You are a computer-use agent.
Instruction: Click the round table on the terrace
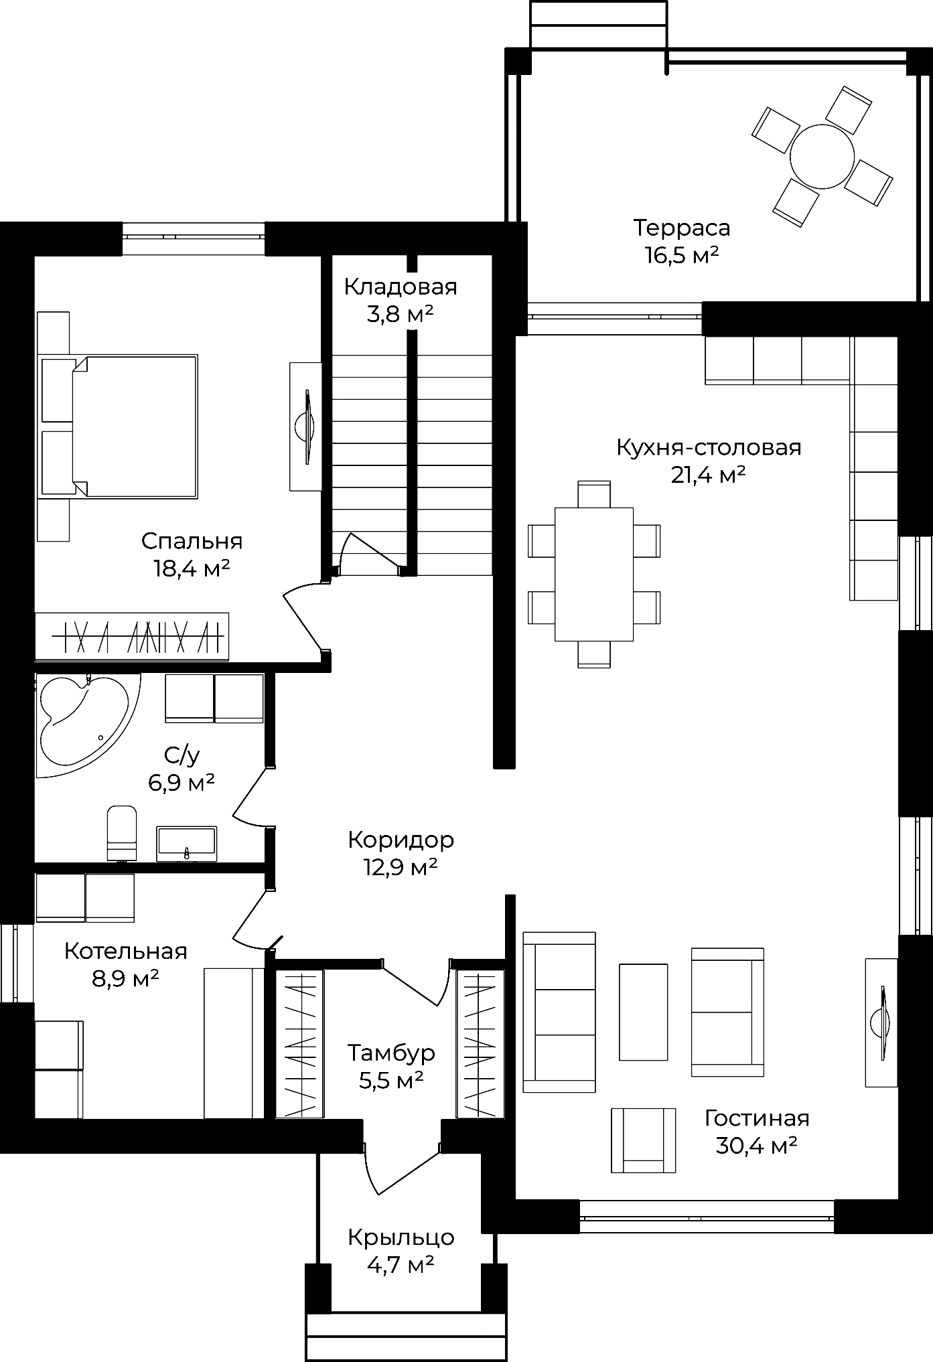pyautogui.click(x=822, y=157)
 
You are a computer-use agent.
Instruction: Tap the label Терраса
pyautogui.click(x=682, y=228)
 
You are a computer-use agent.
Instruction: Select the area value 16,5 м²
pyautogui.click(x=682, y=255)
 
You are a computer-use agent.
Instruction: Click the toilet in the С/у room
pyautogui.click(x=122, y=832)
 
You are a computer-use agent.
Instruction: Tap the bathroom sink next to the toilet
pyautogui.click(x=187, y=843)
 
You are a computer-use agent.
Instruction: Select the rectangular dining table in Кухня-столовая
pyautogui.click(x=594, y=574)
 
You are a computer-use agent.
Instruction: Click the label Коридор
pyautogui.click(x=401, y=840)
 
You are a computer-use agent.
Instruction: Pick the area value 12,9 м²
pyautogui.click(x=401, y=867)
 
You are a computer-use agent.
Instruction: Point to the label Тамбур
pyautogui.click(x=391, y=1053)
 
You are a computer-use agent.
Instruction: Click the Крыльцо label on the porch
pyautogui.click(x=401, y=1237)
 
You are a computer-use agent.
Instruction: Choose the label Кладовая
pyautogui.click(x=401, y=287)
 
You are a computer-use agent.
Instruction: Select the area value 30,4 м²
pyautogui.click(x=756, y=1146)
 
